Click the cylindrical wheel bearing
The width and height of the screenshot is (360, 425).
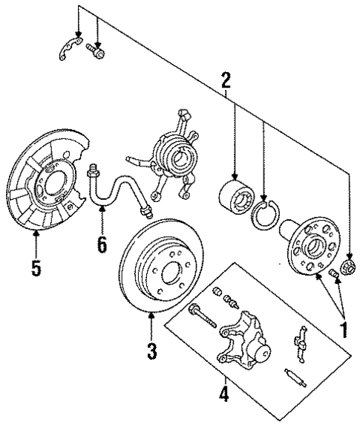tap(235, 195)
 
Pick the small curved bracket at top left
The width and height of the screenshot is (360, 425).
tap(68, 50)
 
